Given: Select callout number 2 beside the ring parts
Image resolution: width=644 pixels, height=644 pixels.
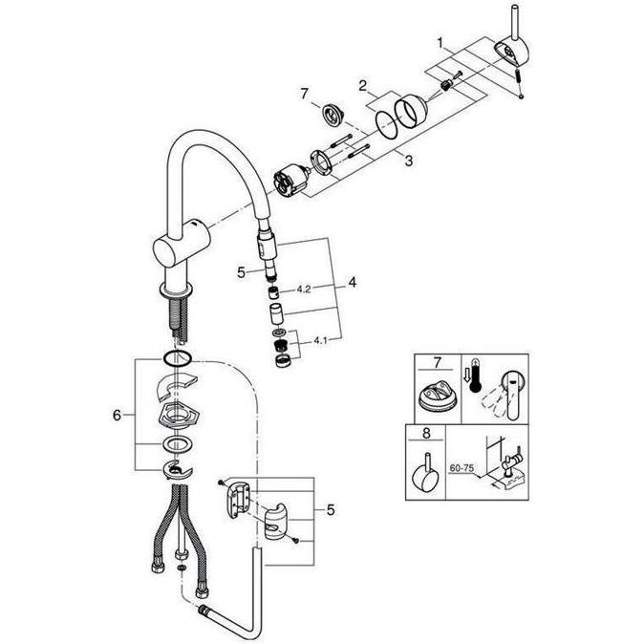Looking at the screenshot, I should coord(363,87).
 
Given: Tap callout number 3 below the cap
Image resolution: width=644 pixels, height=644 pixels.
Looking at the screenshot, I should coord(408,161).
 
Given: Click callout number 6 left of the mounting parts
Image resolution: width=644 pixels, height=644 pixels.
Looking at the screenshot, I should coord(118,416).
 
